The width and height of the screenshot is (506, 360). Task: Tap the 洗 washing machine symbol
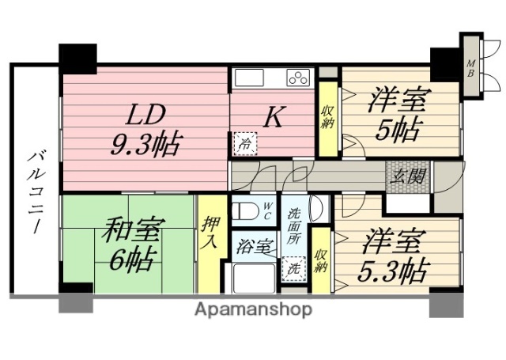(x=293, y=267)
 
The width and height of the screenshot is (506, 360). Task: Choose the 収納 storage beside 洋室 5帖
(x=327, y=119)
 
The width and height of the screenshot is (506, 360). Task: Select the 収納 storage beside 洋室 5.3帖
(x=320, y=260)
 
